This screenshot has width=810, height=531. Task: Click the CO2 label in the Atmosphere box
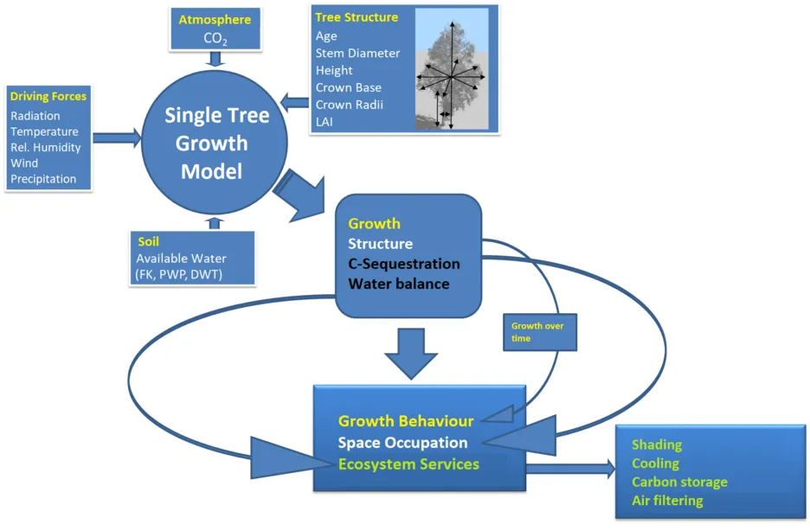pos(215,39)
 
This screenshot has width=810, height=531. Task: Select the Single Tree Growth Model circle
pos(215,143)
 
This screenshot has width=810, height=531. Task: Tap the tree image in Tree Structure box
pos(452,68)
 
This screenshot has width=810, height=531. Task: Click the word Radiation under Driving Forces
pos(35,116)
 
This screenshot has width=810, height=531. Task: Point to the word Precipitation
pos(43,179)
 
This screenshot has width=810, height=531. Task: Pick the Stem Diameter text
pos(357,53)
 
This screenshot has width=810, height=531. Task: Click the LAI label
pos(325,122)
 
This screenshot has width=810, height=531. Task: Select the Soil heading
pos(148,241)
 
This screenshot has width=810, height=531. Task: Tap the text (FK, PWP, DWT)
pos(179,274)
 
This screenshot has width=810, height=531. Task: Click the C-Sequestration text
pos(404,264)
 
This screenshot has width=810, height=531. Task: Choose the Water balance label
pos(399,284)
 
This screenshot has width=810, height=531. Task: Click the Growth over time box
pos(540,332)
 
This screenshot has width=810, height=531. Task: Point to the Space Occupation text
pos(403,443)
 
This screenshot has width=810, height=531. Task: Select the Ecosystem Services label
pos(408,464)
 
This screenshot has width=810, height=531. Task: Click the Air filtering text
pos(667,501)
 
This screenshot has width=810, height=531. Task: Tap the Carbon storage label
pos(679,482)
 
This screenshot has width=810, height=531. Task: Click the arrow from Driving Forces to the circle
pos(117,138)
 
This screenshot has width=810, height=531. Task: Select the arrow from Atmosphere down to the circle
pos(215,59)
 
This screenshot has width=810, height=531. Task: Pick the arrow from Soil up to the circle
pos(215,223)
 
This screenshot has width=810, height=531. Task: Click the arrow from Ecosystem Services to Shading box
pos(570,469)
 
